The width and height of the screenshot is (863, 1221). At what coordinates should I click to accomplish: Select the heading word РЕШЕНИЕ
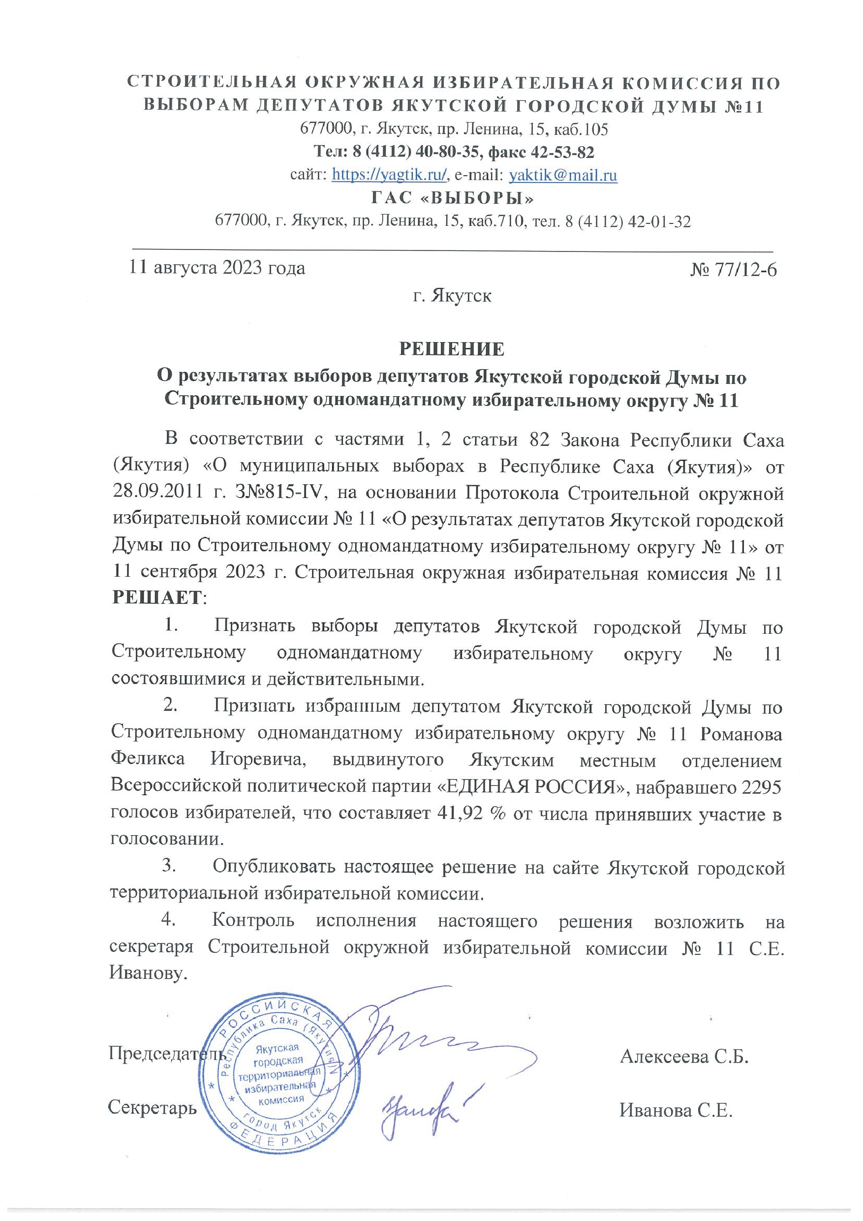click(x=452, y=349)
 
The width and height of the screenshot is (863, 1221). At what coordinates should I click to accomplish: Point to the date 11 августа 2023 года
click(x=217, y=268)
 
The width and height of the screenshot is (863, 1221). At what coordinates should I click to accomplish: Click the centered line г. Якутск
click(x=452, y=295)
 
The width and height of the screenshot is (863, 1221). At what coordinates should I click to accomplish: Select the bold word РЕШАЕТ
click(x=157, y=598)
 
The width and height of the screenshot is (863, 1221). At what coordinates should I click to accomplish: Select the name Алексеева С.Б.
click(x=684, y=1056)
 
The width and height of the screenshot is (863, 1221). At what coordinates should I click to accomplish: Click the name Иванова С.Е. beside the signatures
click(x=676, y=1110)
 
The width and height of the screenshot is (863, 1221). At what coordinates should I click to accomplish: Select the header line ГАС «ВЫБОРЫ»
click(x=452, y=198)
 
